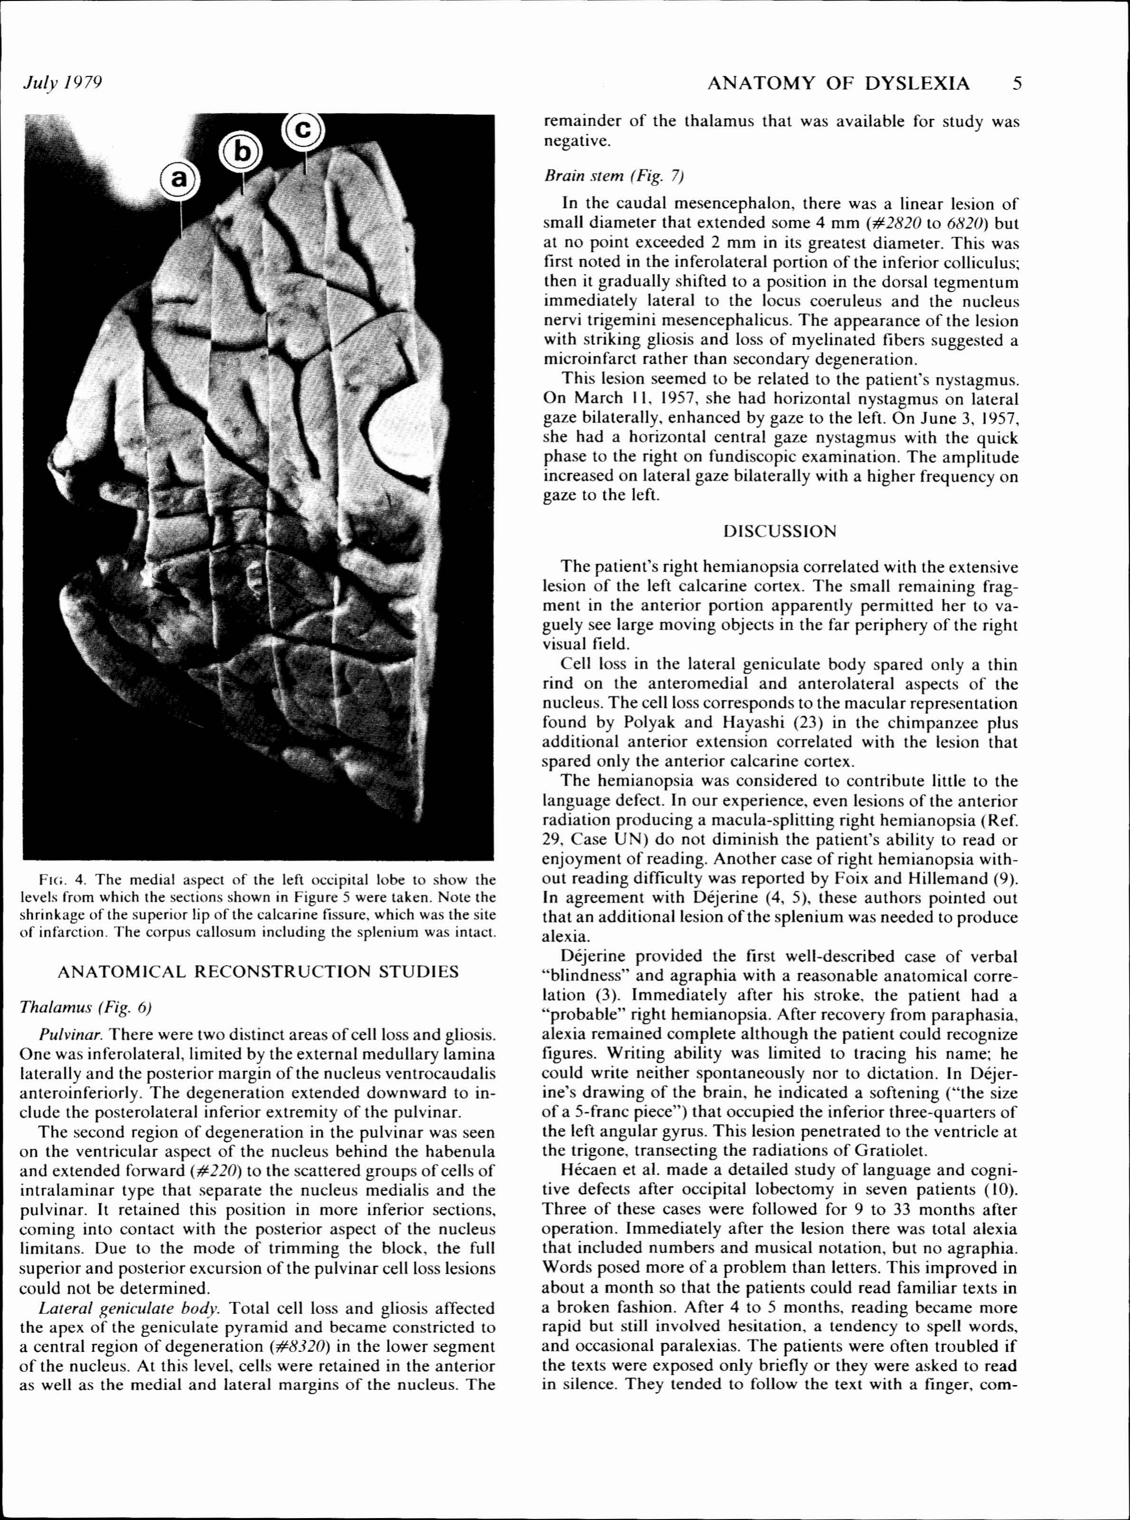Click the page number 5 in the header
pos(1017,84)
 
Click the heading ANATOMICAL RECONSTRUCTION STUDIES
pos(258,972)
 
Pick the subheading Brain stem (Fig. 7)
pos(613,177)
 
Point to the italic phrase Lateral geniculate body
pos(130,1309)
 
